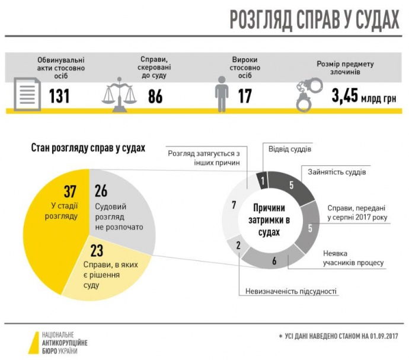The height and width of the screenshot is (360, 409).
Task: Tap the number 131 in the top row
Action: (x=59, y=95)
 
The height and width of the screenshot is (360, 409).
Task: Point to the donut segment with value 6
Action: (x=273, y=260)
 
